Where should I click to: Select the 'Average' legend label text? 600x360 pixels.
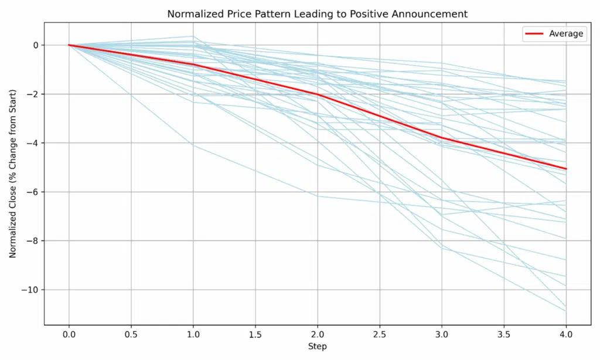coord(565,34)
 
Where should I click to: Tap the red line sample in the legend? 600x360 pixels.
coord(534,34)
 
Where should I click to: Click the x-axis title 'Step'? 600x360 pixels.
coord(318,347)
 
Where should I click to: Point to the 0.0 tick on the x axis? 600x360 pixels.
coord(69,334)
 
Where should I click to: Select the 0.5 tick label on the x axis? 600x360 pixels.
coord(131,334)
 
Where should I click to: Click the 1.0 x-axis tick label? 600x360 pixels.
coord(193,334)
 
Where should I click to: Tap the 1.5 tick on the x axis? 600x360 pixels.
coord(255,334)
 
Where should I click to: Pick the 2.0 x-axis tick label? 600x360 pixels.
coord(318,334)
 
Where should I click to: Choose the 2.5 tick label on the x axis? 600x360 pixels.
coord(380,334)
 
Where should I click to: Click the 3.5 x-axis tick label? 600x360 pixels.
coord(504,334)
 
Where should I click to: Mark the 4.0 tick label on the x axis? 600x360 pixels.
coord(566,334)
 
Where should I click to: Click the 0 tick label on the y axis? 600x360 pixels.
coord(36,45)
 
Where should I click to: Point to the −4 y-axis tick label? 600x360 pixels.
coord(33,143)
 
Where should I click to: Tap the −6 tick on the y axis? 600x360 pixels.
coord(33,192)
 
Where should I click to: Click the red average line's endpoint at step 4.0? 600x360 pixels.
coord(566,169)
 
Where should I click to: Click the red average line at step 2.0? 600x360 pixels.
coord(318,94)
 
